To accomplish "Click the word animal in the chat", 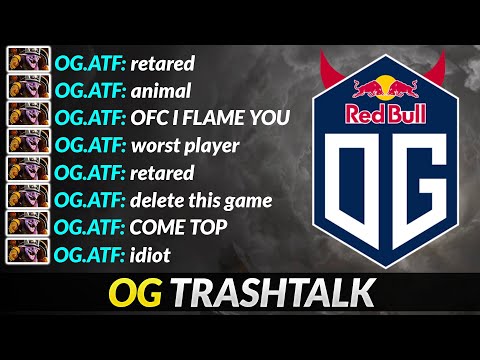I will (162, 91).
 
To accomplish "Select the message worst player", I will (185, 146).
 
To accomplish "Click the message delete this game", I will (201, 200).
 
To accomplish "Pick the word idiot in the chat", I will (150, 254).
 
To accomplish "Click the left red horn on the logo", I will (324, 70).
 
